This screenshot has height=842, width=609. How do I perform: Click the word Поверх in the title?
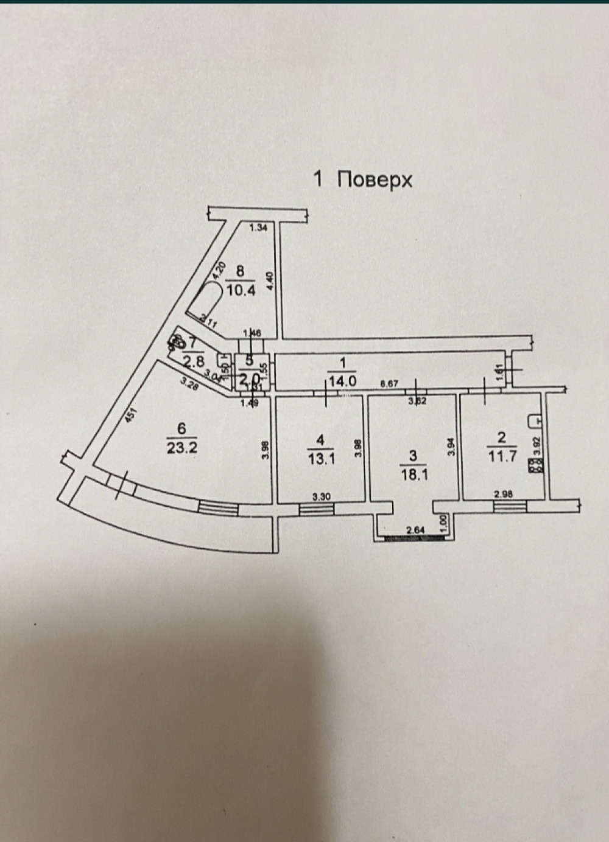coord(375,179)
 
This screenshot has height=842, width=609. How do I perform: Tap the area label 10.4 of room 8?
coord(241,290)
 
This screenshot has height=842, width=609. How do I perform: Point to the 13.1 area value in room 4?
coord(322,460)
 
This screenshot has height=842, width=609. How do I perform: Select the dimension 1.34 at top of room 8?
coord(259,228)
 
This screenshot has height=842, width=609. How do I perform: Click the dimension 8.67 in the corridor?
coord(389,384)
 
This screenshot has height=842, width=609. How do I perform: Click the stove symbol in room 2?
coord(533,468)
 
